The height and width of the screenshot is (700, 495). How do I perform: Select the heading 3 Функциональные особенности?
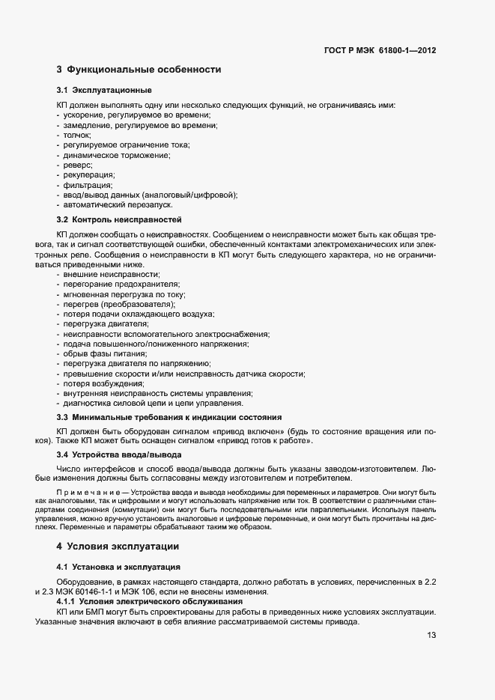(139, 70)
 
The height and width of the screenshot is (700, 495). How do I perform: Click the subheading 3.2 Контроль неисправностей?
(119, 220)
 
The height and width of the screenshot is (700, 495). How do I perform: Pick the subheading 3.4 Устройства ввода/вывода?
(118, 454)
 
